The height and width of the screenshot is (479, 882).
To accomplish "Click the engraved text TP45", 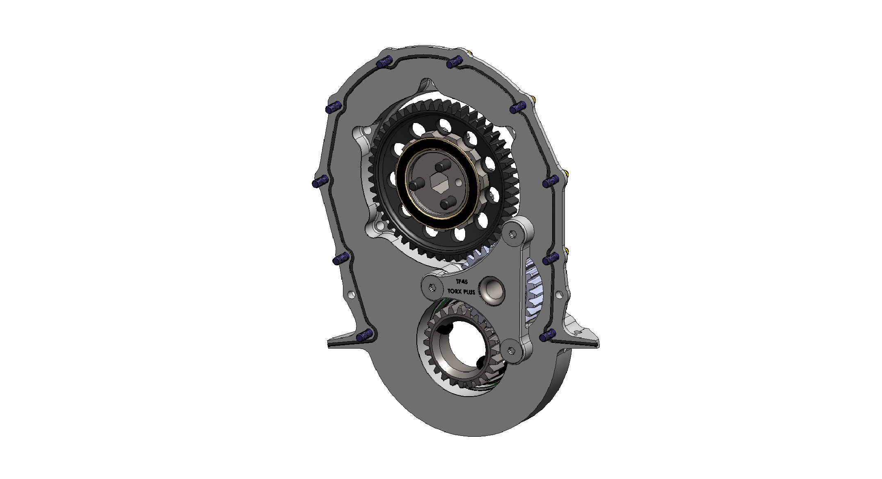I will click(462, 282).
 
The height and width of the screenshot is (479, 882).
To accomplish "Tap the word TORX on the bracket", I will click(454, 291).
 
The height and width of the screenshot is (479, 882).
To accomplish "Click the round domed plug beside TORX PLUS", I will click(491, 290).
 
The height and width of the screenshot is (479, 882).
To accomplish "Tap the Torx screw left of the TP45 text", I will click(432, 286).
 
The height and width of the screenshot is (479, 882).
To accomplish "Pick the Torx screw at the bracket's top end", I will click(512, 234).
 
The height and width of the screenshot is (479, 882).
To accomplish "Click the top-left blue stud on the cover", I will click(97, 63).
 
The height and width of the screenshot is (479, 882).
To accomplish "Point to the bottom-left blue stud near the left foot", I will click(364, 336).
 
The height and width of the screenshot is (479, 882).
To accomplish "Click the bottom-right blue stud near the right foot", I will click(548, 336).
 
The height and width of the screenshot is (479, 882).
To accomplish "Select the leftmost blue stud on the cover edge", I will click(321, 181).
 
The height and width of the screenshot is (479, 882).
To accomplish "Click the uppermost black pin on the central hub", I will click(441, 167).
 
